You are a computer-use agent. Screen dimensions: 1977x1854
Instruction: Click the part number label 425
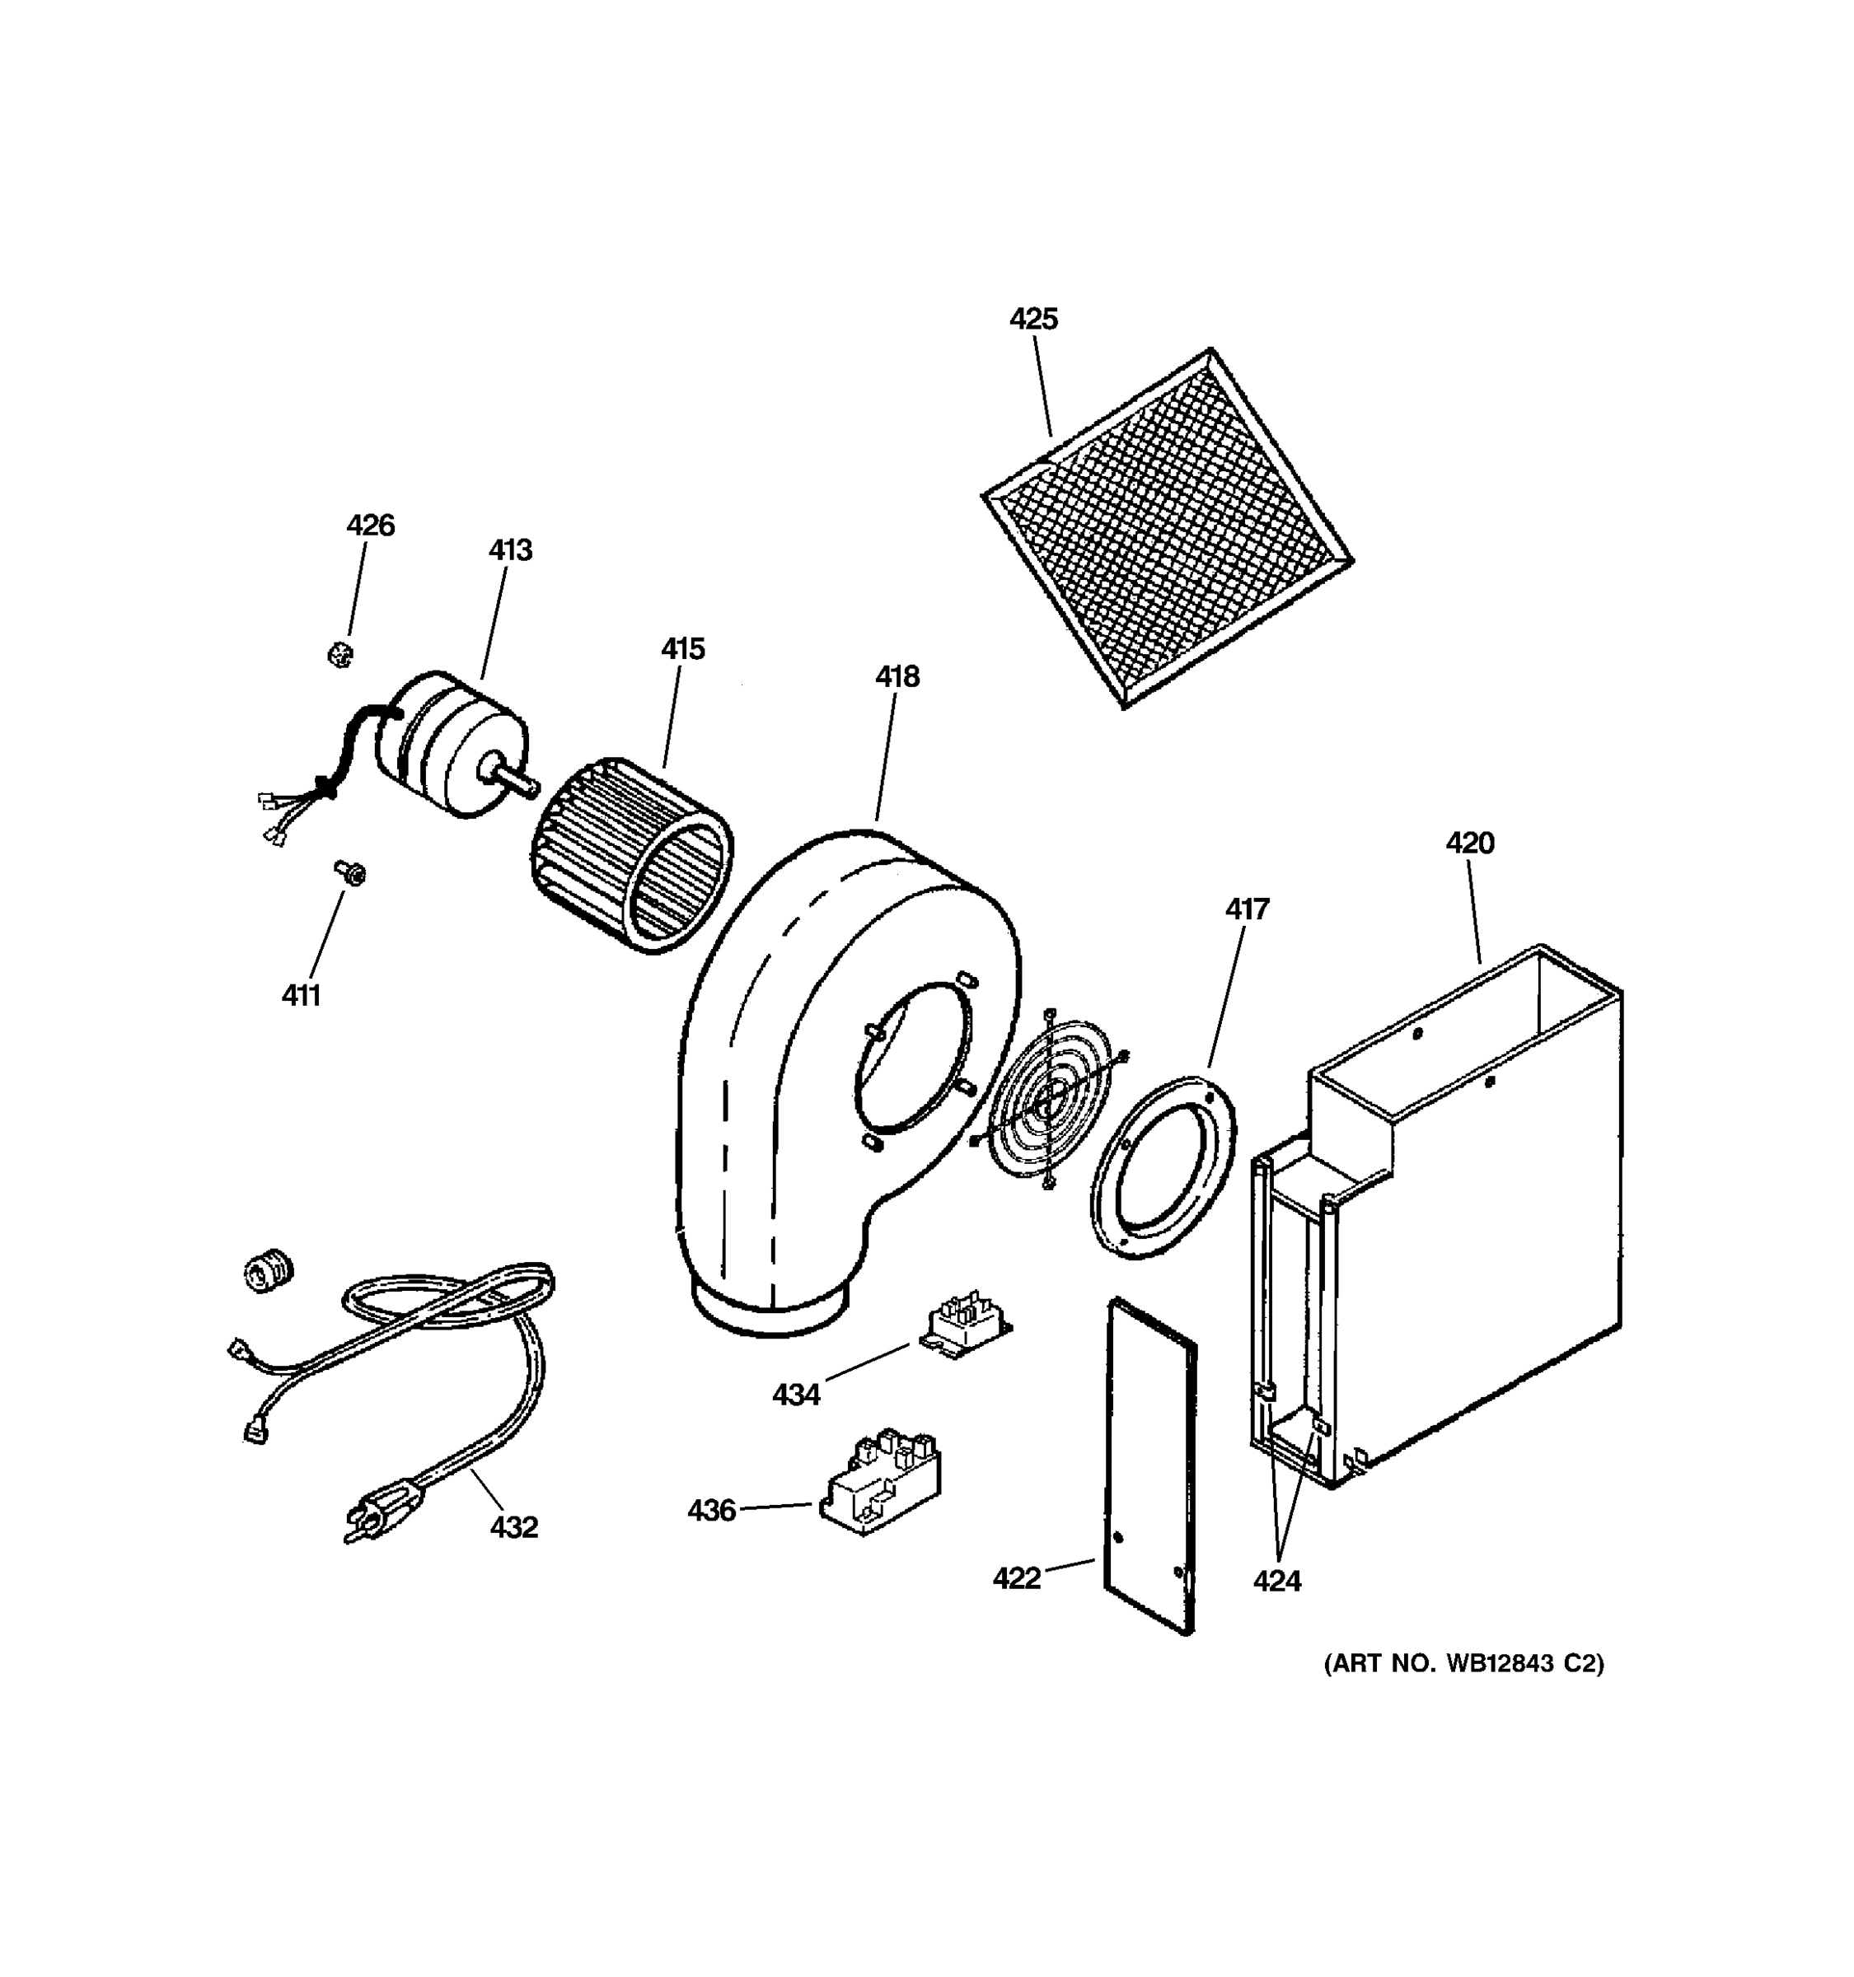coord(1033,320)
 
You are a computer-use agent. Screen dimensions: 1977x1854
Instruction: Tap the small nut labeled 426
coord(339,654)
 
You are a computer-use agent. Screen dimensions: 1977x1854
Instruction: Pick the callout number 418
coord(897,676)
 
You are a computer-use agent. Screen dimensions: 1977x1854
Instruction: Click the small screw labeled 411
coord(350,873)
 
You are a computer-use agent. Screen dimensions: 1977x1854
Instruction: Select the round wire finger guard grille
coord(1047,1100)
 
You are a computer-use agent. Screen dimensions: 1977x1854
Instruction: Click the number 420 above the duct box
coord(1469,844)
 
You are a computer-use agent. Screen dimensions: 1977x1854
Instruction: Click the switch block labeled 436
coord(881,1486)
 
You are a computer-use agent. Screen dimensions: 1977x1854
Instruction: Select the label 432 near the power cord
coord(513,1526)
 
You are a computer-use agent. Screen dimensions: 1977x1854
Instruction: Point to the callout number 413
coord(510,550)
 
